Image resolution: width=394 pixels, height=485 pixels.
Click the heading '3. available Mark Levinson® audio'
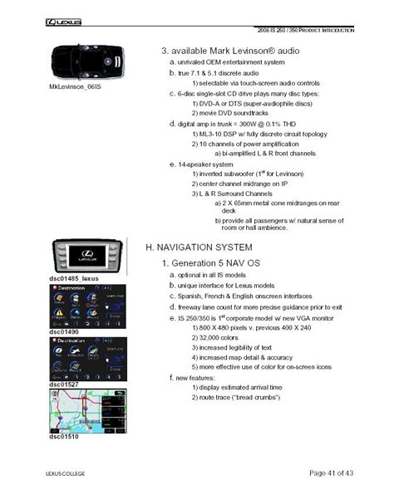tap(229, 51)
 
